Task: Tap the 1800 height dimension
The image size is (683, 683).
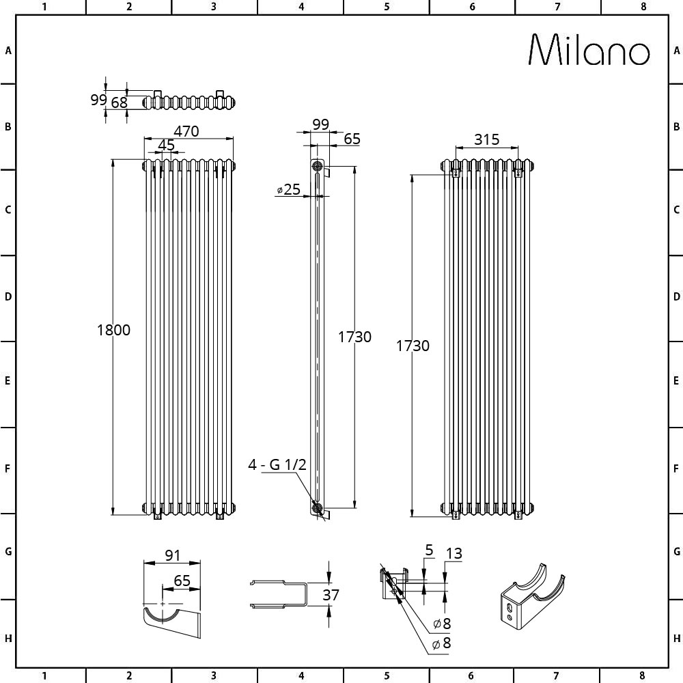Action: [x=113, y=330]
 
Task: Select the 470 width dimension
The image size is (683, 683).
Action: [x=186, y=130]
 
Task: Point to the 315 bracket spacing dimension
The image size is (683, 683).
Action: [x=486, y=139]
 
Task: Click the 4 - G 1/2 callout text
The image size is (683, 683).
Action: [x=277, y=464]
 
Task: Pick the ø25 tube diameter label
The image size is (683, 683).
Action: [x=289, y=189]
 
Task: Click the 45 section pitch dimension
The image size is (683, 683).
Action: [x=166, y=145]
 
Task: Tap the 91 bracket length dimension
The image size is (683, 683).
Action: [x=173, y=555]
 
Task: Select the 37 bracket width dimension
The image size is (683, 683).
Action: [x=331, y=595]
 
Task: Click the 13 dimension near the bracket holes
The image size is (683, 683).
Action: [x=454, y=553]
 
